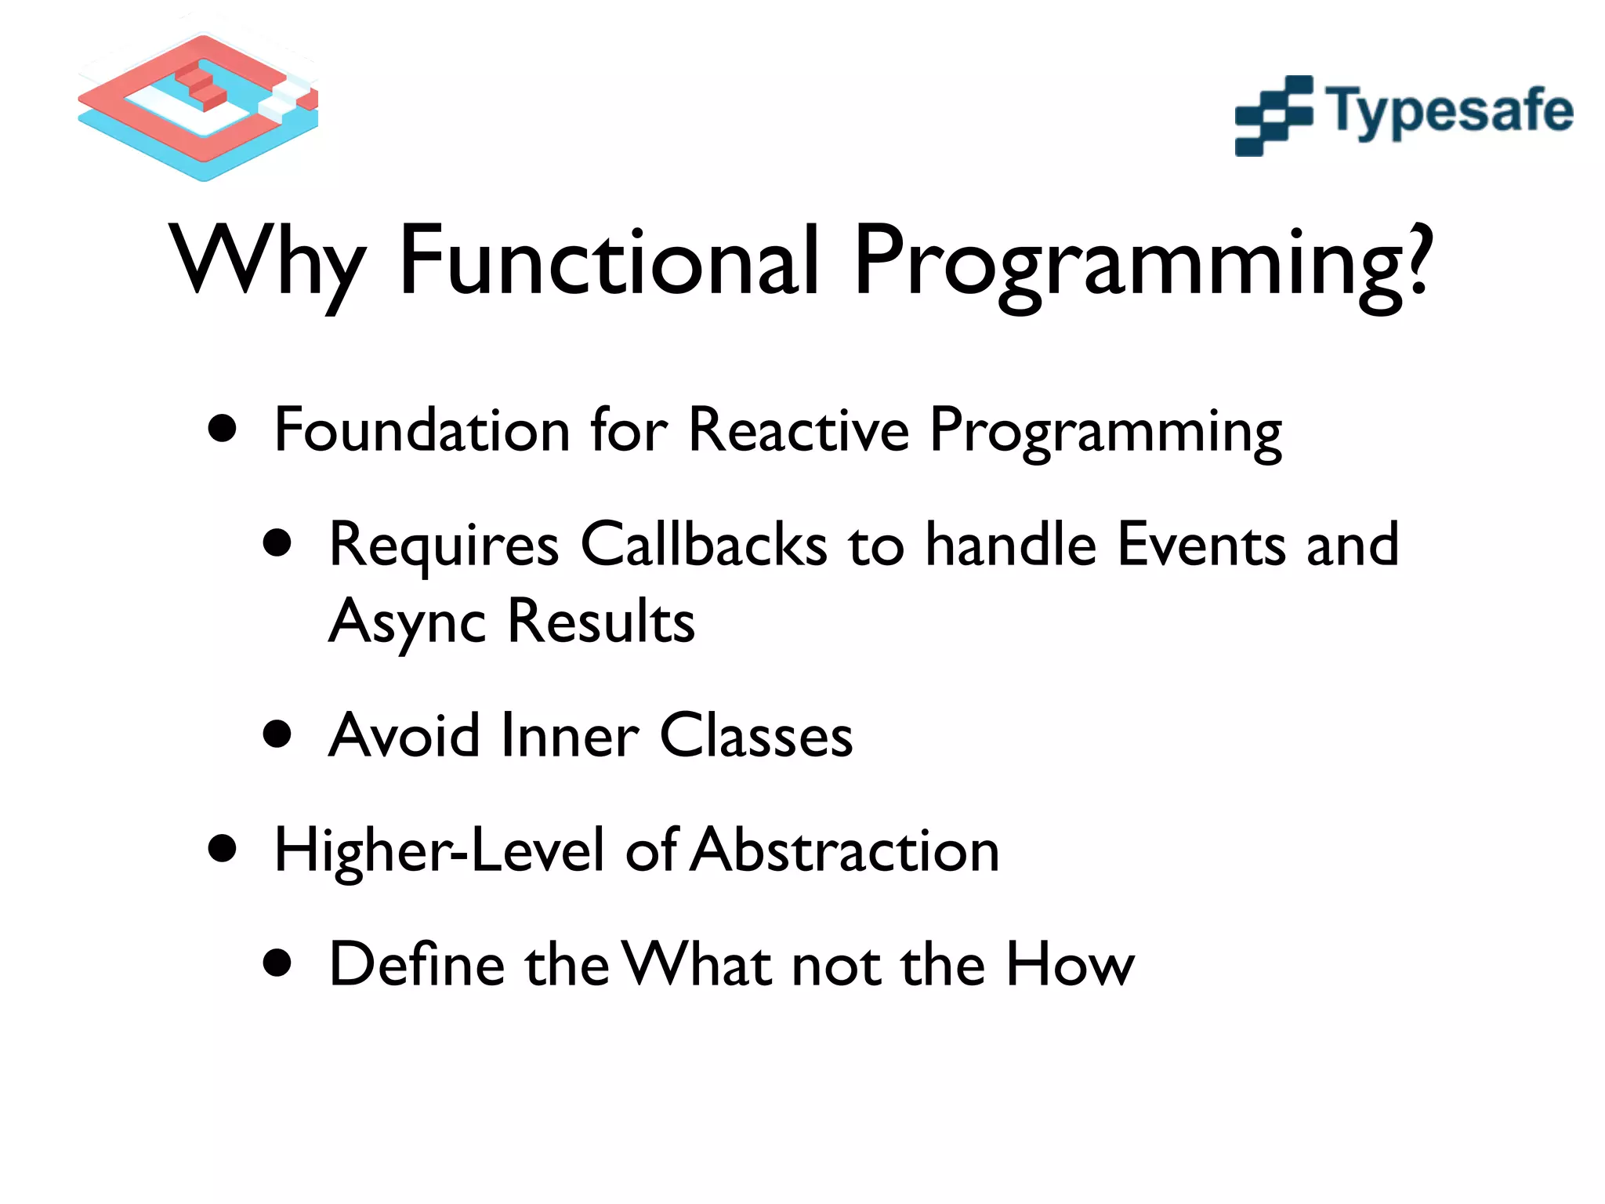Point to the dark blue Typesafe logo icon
point(1273,115)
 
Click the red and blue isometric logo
point(199,106)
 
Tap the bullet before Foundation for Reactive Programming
point(223,429)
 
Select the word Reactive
point(799,430)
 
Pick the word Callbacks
point(703,544)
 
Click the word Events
point(1201,544)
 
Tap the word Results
point(601,621)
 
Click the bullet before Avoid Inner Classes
point(277,735)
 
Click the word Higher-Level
point(440,850)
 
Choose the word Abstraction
point(846,850)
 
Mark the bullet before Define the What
point(277,963)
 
